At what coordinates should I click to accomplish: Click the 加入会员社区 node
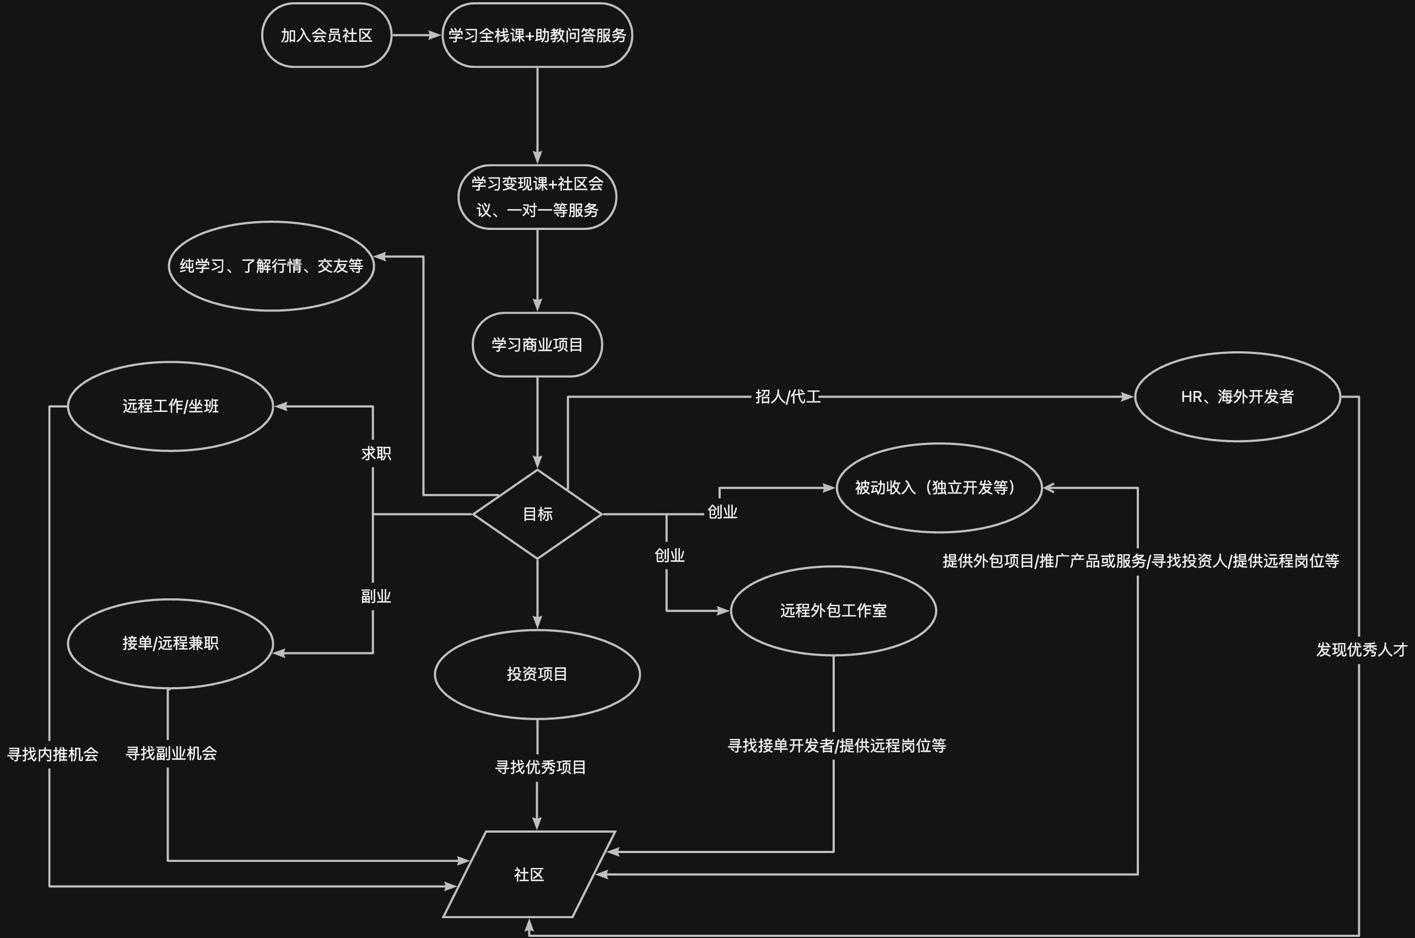tap(326, 35)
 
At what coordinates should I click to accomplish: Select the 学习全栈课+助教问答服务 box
tap(537, 35)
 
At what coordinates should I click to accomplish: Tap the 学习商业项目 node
tap(537, 345)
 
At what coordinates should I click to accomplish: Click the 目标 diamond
tap(537, 514)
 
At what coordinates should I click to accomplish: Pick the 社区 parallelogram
tap(529, 875)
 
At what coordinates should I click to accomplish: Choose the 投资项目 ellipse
tap(537, 674)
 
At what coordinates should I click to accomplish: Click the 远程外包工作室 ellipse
tap(833, 611)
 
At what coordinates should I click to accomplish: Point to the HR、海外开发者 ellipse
tap(1238, 396)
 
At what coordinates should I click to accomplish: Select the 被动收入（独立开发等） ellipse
tap(938, 487)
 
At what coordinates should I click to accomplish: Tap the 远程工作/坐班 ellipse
tap(170, 406)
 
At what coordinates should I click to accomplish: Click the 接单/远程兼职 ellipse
tap(170, 643)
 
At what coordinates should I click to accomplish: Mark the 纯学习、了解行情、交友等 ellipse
tap(272, 266)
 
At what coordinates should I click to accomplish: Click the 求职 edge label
tap(376, 453)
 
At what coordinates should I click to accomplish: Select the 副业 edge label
tap(376, 597)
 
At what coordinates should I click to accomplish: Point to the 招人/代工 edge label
tap(788, 396)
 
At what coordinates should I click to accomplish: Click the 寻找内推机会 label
tap(52, 754)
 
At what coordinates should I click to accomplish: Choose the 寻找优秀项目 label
tap(541, 768)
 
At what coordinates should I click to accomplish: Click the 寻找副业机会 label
tap(171, 753)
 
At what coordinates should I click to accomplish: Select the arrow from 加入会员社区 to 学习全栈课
tap(416, 35)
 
